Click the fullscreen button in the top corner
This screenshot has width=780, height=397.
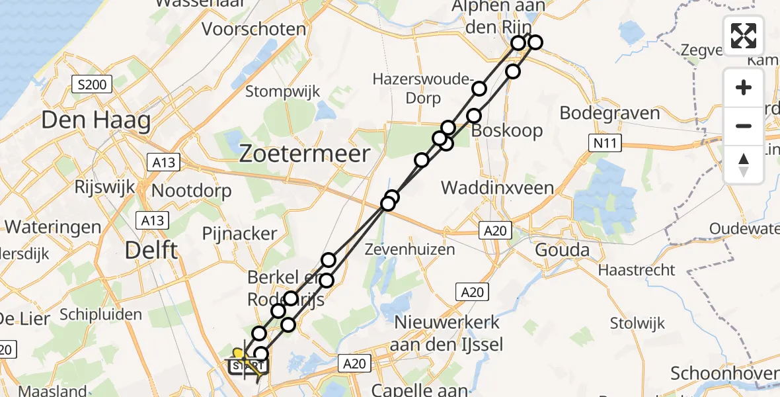point(744,35)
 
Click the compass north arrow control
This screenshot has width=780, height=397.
point(744,165)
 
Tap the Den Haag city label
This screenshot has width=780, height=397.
point(96,120)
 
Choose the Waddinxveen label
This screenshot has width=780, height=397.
point(497,187)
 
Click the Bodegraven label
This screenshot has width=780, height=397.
point(609,112)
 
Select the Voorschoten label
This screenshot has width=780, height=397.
point(254,29)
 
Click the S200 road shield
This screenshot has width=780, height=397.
point(92,84)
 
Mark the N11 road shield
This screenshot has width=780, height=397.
point(599,142)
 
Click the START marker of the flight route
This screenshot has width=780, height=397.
point(247,364)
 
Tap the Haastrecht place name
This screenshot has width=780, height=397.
point(637,270)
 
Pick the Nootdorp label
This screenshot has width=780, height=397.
point(192,191)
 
